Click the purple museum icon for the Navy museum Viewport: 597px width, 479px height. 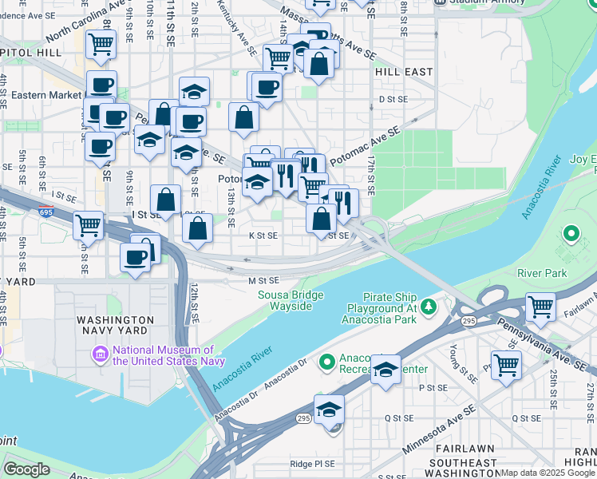(x=101, y=353)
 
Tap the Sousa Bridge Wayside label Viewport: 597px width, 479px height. (x=291, y=300)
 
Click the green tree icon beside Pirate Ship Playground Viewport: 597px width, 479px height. (x=429, y=306)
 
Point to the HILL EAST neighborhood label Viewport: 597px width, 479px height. (x=403, y=72)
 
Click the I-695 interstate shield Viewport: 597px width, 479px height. (x=46, y=212)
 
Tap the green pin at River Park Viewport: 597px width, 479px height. (x=570, y=234)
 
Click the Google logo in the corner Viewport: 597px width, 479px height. (x=27, y=469)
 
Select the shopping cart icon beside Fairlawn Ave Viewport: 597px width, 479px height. (x=541, y=306)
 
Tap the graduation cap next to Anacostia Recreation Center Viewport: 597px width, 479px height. (x=385, y=370)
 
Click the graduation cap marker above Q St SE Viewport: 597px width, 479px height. (x=329, y=410)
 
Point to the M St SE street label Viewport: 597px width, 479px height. (x=263, y=280)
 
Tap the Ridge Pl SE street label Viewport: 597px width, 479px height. (x=313, y=464)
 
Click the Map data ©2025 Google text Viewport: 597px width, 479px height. (x=548, y=473)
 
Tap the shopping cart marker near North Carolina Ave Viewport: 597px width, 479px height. (x=101, y=45)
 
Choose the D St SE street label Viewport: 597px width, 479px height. (x=393, y=99)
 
